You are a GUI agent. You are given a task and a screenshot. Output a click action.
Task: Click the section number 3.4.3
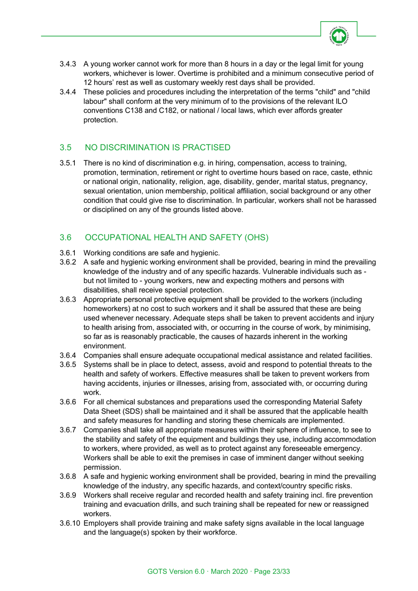click(x=68, y=64)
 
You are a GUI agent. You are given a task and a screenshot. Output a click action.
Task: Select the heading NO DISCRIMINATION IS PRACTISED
click(x=158, y=148)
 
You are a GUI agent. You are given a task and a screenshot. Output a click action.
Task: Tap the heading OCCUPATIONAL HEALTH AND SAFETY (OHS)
click(x=176, y=237)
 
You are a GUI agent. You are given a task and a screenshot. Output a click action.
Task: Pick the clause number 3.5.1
click(x=68, y=163)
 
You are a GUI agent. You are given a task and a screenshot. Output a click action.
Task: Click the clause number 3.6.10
click(x=70, y=523)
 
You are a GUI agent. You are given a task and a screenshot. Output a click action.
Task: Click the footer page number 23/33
click(x=281, y=572)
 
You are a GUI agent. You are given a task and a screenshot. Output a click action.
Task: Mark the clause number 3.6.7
click(x=68, y=430)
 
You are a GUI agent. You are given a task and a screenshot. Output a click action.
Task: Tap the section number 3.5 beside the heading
click(x=66, y=148)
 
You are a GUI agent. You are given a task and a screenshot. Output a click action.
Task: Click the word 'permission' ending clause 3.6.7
click(x=102, y=467)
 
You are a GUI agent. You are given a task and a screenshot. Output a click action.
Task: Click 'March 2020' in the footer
click(x=229, y=572)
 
